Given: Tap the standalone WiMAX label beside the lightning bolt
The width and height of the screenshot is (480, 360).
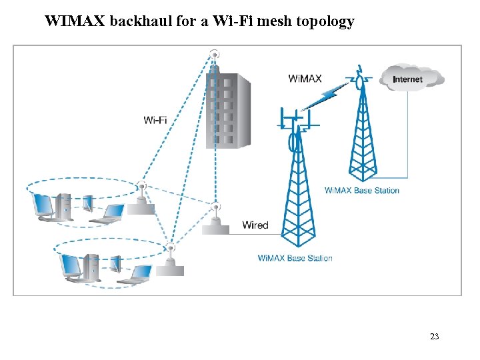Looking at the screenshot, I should tap(305, 78).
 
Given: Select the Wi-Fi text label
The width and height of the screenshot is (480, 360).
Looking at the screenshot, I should tap(155, 120).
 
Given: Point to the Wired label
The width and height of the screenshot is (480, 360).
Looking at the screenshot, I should tap(255, 225).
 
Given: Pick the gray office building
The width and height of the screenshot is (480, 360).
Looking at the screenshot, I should tap(227, 110).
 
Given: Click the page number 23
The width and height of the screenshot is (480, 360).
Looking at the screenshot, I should tap(434, 337).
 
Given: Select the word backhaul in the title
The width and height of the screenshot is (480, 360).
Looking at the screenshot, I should tap(139, 21).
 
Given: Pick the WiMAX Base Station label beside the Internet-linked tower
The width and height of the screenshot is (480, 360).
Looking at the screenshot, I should tap(362, 191).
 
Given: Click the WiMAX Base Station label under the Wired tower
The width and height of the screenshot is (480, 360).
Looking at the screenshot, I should tap(295, 258).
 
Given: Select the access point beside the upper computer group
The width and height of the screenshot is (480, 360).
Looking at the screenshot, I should tap(141, 200).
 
